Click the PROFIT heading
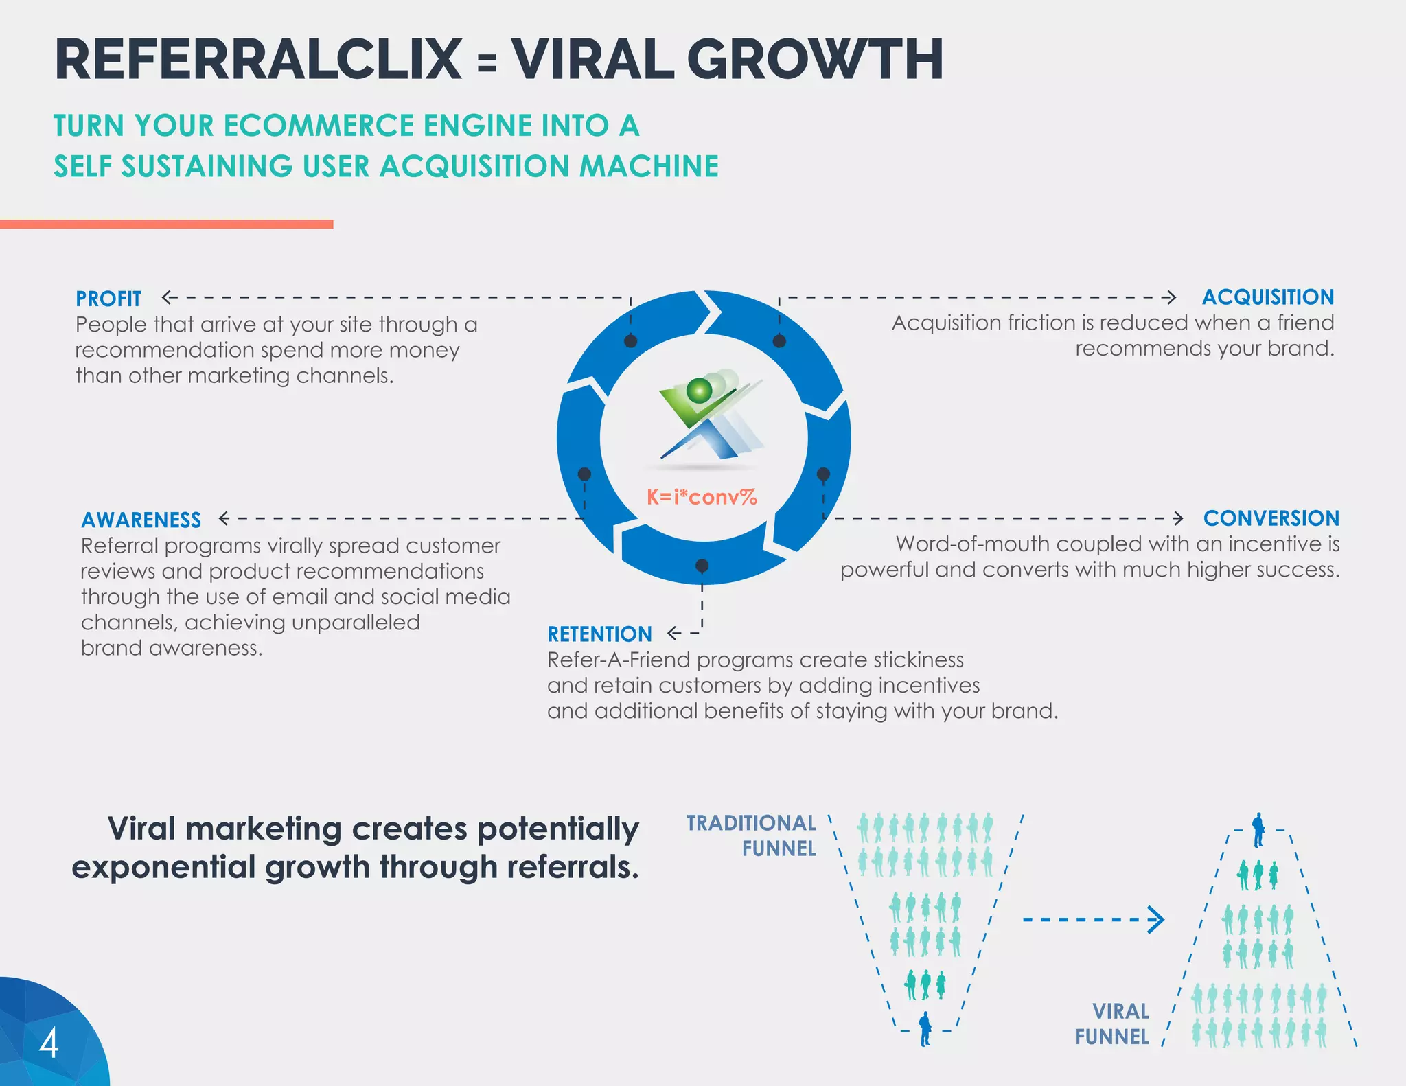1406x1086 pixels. (108, 299)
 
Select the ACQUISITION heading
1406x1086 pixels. (1268, 297)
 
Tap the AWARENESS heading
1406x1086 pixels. (141, 520)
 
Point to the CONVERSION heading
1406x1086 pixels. (1271, 518)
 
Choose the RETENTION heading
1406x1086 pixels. (599, 634)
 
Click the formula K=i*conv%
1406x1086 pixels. (702, 496)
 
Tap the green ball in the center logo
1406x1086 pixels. (700, 390)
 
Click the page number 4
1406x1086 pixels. (49, 1043)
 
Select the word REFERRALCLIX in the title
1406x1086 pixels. (258, 60)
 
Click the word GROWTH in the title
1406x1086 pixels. (815, 60)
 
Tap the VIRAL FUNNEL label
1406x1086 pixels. (1113, 1024)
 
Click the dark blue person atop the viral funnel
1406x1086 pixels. (1258, 830)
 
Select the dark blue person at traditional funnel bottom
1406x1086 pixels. (925, 1028)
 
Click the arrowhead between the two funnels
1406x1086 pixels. (1156, 920)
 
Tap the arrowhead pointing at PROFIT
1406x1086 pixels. (167, 297)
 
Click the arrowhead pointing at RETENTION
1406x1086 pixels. (674, 633)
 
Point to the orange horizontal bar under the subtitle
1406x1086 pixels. (166, 224)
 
